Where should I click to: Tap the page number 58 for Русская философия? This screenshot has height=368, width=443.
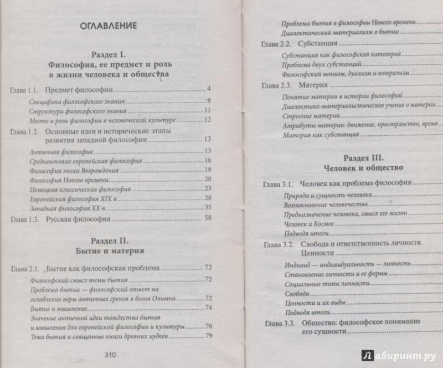pos(208,219)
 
